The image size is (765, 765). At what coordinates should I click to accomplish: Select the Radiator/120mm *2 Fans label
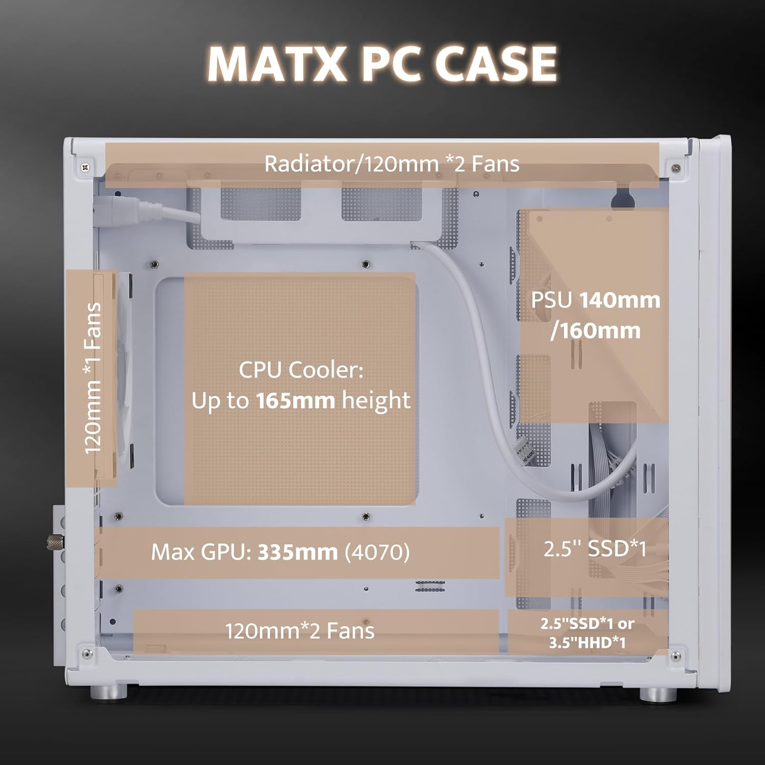pyautogui.click(x=392, y=164)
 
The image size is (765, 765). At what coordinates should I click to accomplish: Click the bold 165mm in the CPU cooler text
pyautogui.click(x=296, y=401)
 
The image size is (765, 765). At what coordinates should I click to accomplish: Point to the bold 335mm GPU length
pyautogui.click(x=297, y=552)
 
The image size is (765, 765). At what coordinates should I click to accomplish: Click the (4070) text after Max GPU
pyautogui.click(x=377, y=552)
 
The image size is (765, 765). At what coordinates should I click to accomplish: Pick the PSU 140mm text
pyautogui.click(x=595, y=300)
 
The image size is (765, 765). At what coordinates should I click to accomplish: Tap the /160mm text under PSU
pyautogui.click(x=595, y=330)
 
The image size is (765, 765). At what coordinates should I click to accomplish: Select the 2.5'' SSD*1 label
pyautogui.click(x=595, y=549)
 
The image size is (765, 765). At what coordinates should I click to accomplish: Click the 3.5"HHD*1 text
pyautogui.click(x=587, y=643)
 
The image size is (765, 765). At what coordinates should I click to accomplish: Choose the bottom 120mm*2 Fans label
pyautogui.click(x=300, y=631)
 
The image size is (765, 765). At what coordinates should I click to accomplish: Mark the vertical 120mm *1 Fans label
pyautogui.click(x=92, y=378)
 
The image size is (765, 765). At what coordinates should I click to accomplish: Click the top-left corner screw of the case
pyautogui.click(x=85, y=166)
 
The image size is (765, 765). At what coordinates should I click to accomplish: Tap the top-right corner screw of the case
pyautogui.click(x=676, y=167)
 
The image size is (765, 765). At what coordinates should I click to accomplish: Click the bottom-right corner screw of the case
pyautogui.click(x=676, y=655)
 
